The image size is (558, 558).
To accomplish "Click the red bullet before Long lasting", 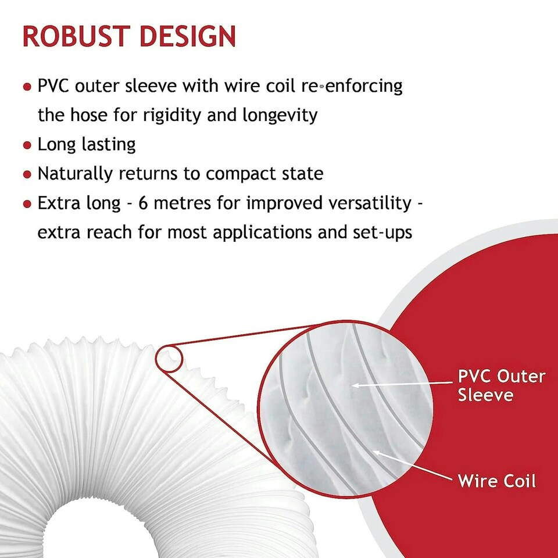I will tap(27, 145).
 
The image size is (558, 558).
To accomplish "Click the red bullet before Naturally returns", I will tap(27, 174).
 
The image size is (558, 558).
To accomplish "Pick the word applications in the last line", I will tap(268, 233).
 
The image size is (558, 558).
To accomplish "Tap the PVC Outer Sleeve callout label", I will tap(501, 385).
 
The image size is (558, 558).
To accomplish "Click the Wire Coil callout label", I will tap(496, 481).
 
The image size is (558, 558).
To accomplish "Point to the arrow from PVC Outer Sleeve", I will tap(401, 384).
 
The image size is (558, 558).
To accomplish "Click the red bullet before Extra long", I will tap(27, 204).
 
